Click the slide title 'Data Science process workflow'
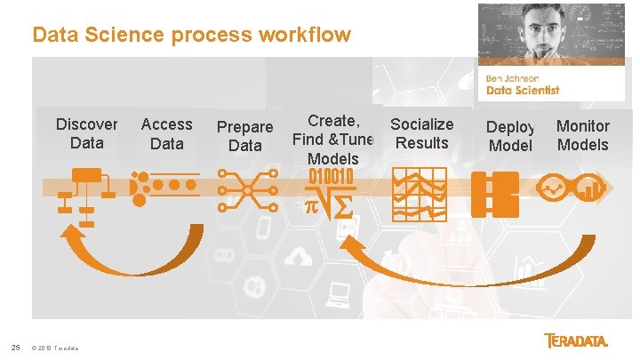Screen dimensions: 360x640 (x=191, y=36)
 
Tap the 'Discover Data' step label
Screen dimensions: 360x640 (x=86, y=133)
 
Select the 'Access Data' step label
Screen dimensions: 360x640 (x=166, y=133)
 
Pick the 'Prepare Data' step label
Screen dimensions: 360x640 (x=244, y=136)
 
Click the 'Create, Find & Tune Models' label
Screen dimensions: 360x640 (x=333, y=140)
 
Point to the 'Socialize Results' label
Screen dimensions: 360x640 (x=421, y=133)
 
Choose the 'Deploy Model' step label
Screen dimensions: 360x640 (x=510, y=136)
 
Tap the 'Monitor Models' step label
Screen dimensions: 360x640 (x=582, y=135)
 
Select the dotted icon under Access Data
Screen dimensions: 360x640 (x=164, y=186)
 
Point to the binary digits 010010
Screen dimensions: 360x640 (x=331, y=176)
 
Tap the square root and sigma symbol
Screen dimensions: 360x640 (x=330, y=204)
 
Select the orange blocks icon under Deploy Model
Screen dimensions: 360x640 (x=494, y=189)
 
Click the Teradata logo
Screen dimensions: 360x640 (x=577, y=341)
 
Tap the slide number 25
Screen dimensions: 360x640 (x=15, y=347)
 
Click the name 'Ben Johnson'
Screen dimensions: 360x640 (x=513, y=78)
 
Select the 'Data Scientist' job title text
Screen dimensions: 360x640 (x=523, y=90)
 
